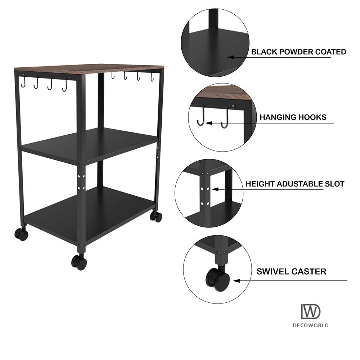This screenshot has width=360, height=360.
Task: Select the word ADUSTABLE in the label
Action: coord(300,184)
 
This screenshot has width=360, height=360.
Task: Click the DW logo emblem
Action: coord(311,311)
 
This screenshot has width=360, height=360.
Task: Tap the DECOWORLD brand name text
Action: coord(311,325)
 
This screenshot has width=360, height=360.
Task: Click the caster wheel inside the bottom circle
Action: coord(217,279)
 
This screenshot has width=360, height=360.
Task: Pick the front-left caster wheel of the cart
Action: coord(21,234)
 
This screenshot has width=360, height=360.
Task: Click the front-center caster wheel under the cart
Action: coord(79,262)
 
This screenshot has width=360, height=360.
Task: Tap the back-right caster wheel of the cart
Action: coord(156,216)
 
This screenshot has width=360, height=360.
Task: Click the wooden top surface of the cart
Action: coord(89,69)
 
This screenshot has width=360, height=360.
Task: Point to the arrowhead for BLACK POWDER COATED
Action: coord(230,57)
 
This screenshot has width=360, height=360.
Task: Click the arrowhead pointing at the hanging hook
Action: coord(208,123)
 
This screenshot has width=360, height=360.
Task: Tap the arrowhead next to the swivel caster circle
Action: coord(237,280)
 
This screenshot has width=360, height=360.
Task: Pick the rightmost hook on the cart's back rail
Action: coord(152,77)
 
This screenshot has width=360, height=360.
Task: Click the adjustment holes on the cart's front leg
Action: coord(81,182)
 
